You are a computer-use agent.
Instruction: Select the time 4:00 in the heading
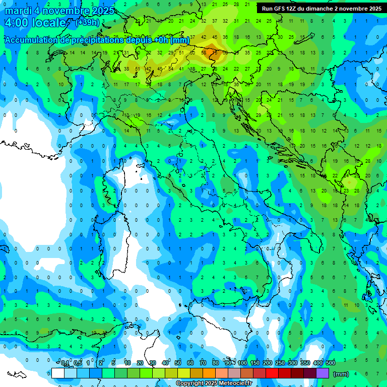pyautogui.click(x=16, y=23)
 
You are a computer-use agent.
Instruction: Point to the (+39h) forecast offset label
pyautogui.click(x=87, y=23)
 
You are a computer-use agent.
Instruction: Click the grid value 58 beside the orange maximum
pyautogui.click(x=204, y=52)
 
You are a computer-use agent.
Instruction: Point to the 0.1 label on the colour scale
pyautogui.click(x=66, y=363)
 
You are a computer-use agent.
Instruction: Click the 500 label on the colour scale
pyautogui.click(x=330, y=363)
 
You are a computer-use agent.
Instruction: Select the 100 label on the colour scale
pyautogui.click(x=242, y=363)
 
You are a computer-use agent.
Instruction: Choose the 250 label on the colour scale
pyautogui.click(x=280, y=363)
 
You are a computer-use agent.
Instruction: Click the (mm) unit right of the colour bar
pyautogui.click(x=341, y=374)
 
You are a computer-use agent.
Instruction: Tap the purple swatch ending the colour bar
pyautogui.click(x=322, y=373)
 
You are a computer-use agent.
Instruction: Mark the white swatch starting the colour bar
pyautogui.click(x=58, y=373)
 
